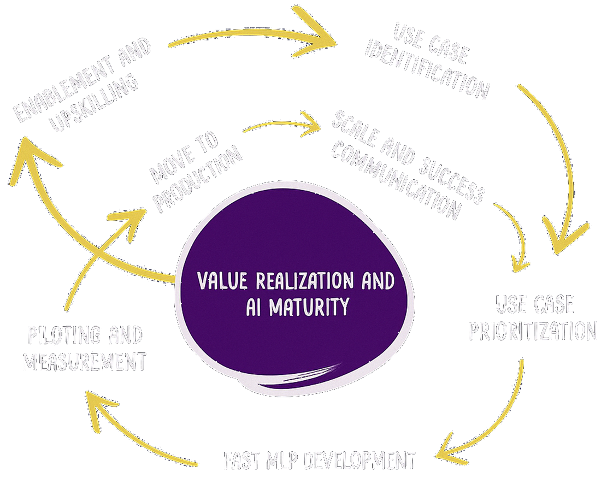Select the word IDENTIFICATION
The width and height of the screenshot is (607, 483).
coord(429,71)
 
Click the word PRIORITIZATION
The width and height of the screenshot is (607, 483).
coord(533,331)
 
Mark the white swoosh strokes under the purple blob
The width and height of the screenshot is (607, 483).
coord(306,375)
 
